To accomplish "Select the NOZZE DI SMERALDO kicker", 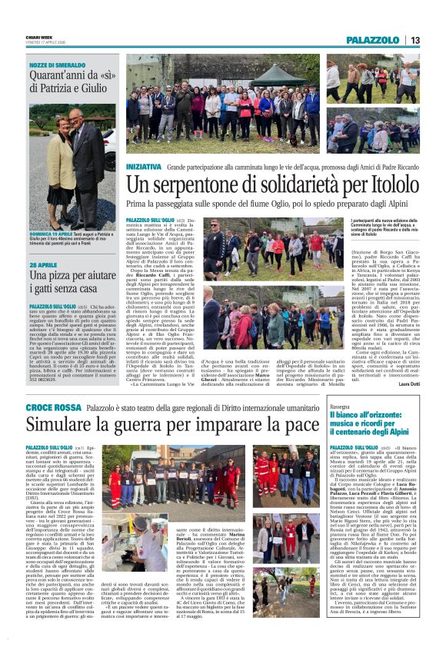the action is coord(58,66).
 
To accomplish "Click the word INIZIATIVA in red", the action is coord(144,166).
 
